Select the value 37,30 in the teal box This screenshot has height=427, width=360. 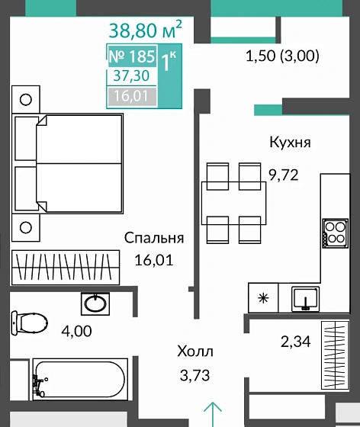click(x=131, y=76)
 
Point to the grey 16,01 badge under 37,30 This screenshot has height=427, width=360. click(x=131, y=96)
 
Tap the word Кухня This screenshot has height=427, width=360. click(x=289, y=143)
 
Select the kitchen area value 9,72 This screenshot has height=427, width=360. click(x=282, y=174)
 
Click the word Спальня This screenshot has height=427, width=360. click(x=154, y=238)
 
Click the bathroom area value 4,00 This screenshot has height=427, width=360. click(x=75, y=332)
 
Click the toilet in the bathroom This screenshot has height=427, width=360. click(x=26, y=321)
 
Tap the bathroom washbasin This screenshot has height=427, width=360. click(x=95, y=303)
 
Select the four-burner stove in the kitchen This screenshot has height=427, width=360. click(x=334, y=233)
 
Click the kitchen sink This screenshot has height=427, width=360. click(x=305, y=297)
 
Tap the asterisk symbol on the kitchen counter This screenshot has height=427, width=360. click(x=264, y=297)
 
